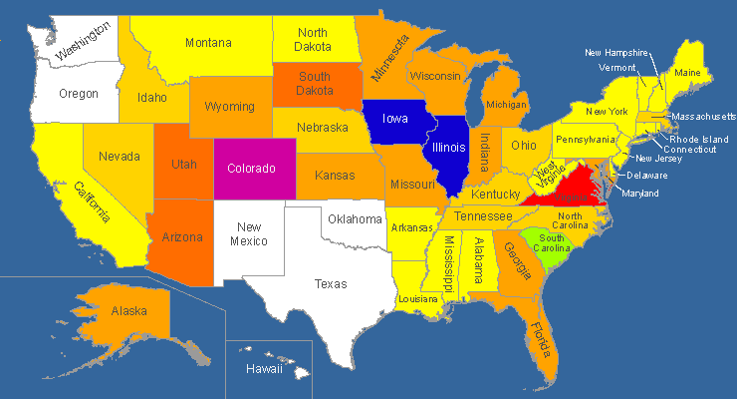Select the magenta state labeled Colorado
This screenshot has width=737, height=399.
click(x=251, y=168)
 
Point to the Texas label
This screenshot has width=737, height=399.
click(x=331, y=284)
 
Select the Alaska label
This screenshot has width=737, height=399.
click(x=129, y=311)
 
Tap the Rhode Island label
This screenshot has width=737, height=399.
click(x=698, y=139)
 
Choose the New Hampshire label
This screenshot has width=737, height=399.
click(x=616, y=53)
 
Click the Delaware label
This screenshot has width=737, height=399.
click(x=647, y=176)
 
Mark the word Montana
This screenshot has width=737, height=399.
click(x=208, y=43)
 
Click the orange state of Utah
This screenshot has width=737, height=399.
click(x=183, y=164)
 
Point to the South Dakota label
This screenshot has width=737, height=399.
click(x=315, y=84)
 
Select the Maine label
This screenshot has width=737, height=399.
click(x=687, y=73)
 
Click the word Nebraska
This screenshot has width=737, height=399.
click(x=325, y=128)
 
